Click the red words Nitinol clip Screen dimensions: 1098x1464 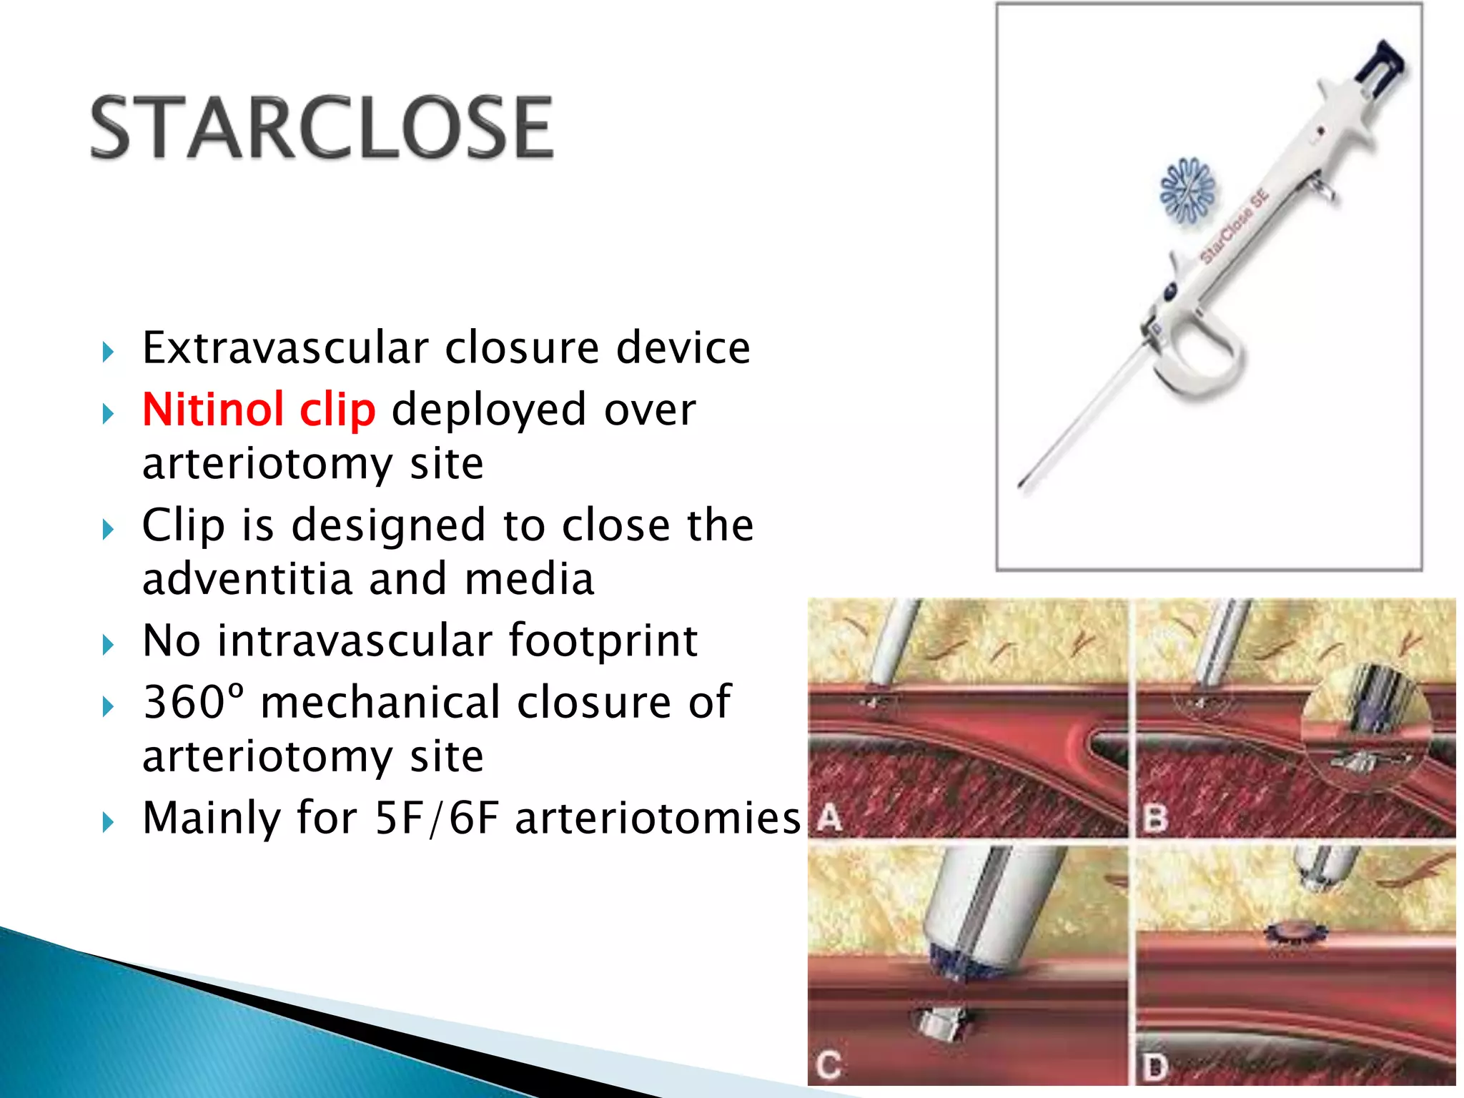(259, 410)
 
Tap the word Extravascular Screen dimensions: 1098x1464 (285, 348)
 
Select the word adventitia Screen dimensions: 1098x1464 (247, 579)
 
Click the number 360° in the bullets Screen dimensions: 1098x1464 (193, 702)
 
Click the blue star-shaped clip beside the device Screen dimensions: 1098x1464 (1187, 190)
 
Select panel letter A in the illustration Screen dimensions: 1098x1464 (829, 816)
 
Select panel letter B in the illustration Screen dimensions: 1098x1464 (1155, 818)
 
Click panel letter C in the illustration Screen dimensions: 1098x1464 (829, 1065)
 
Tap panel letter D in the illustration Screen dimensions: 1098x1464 (1154, 1067)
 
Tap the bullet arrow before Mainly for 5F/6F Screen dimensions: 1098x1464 (108, 822)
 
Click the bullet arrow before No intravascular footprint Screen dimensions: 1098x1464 (108, 645)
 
